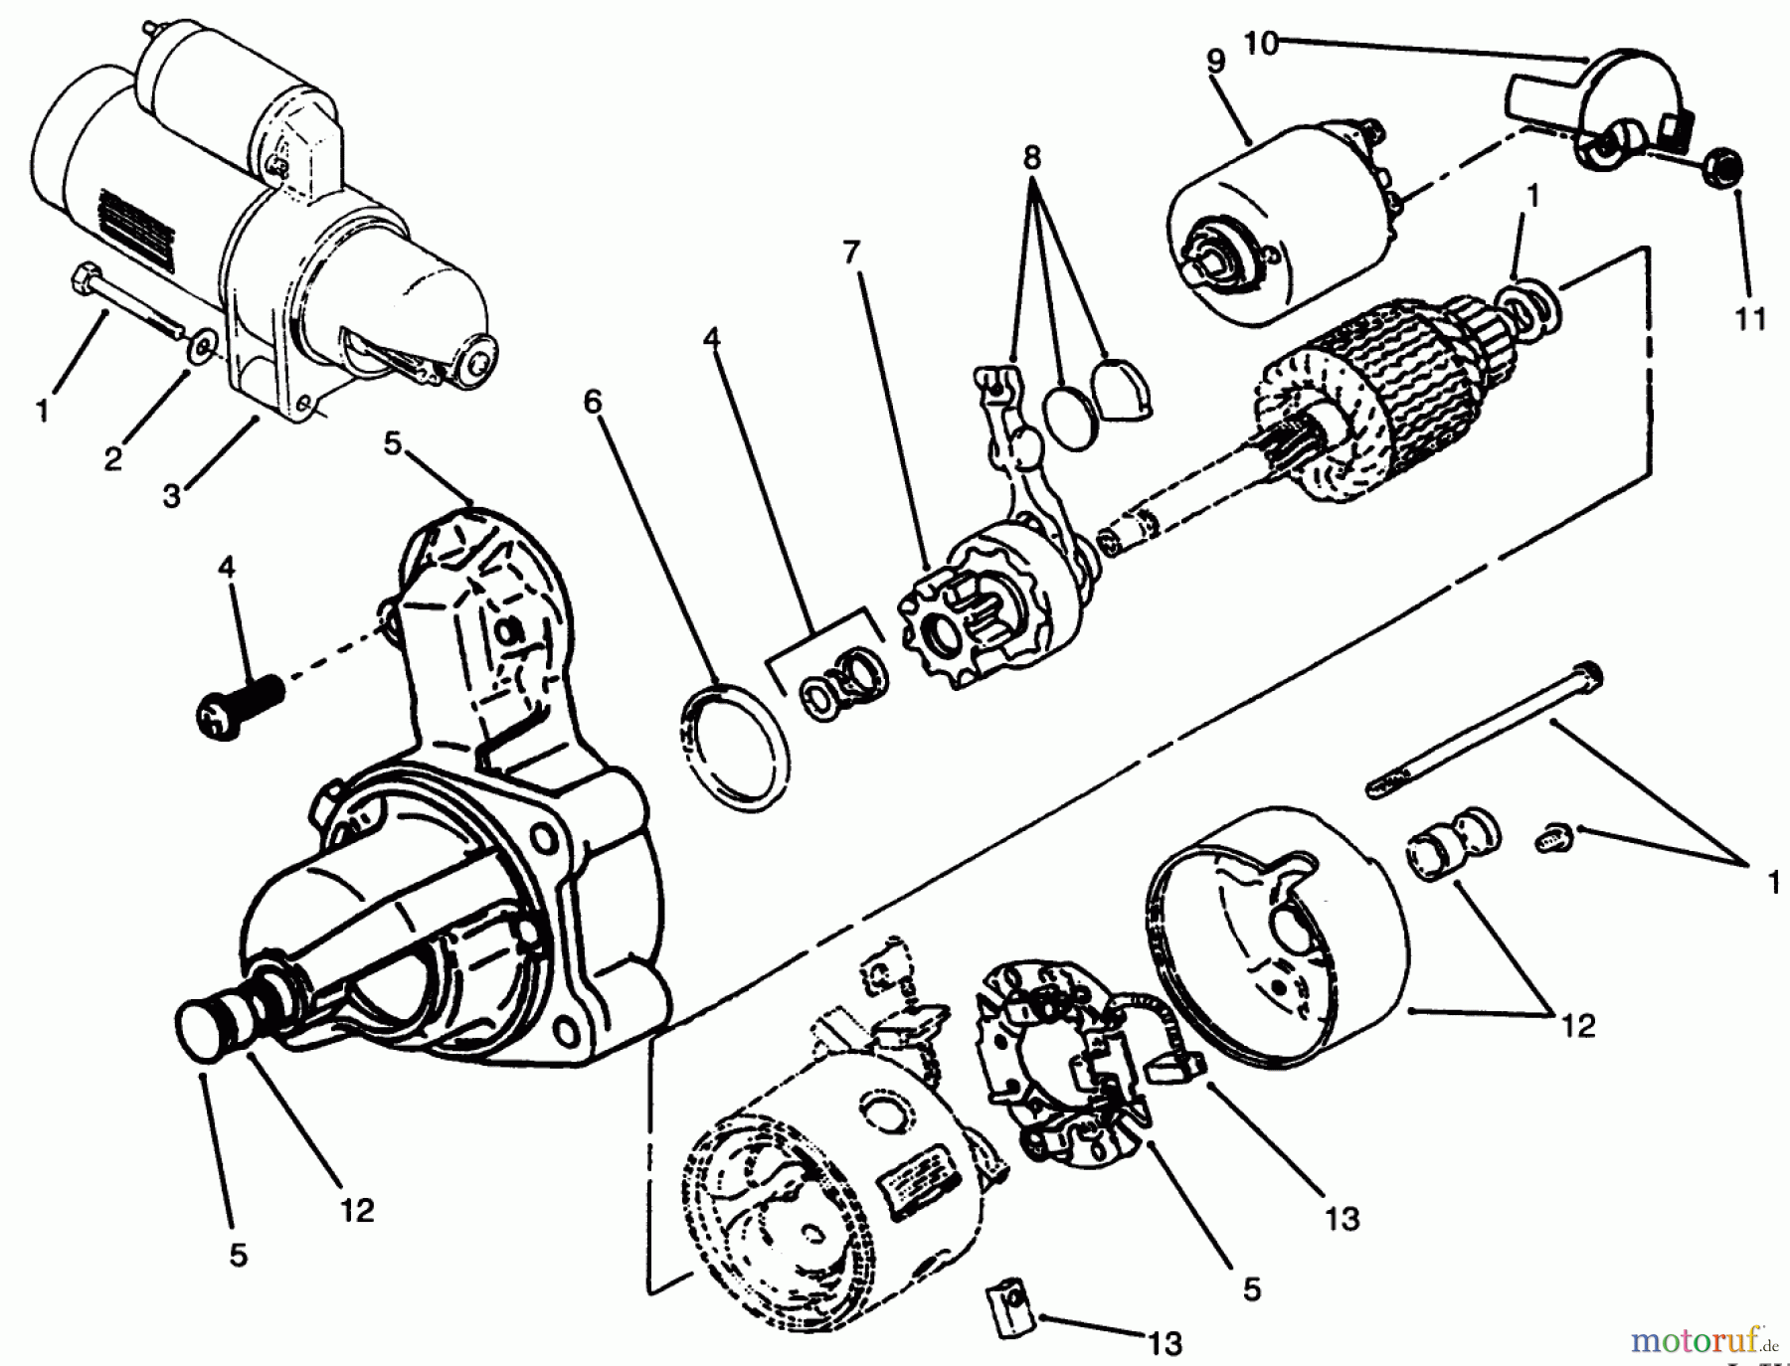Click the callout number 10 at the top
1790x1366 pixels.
point(1260,45)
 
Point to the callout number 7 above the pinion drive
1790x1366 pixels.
point(850,254)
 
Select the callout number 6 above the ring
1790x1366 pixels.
point(594,402)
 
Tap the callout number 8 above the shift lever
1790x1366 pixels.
point(1031,157)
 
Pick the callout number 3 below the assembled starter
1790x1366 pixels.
point(173,495)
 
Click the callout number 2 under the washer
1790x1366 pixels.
point(113,458)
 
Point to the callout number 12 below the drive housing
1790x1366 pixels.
point(357,1210)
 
